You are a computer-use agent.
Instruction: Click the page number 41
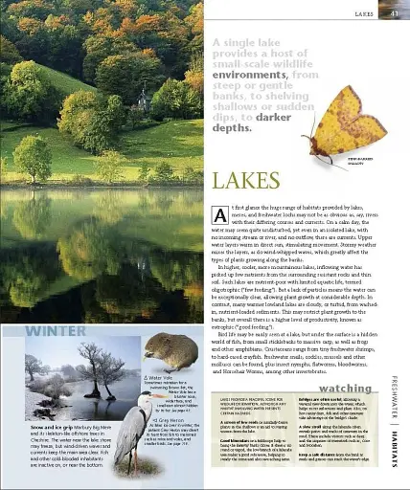(394, 13)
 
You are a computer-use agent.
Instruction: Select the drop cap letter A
(218, 215)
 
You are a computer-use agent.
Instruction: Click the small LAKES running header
(363, 14)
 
